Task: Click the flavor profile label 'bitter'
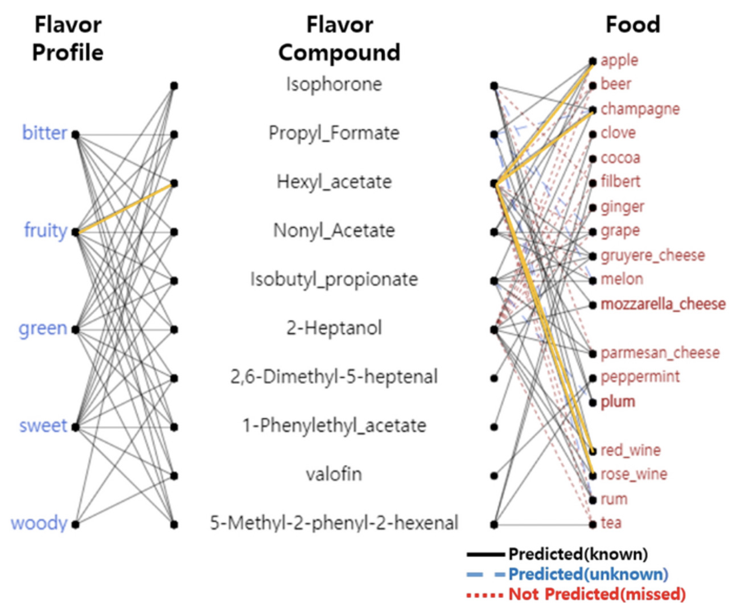44,133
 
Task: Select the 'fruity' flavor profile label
46,230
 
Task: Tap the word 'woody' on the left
39,523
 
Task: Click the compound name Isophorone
334,85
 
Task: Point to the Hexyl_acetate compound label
334,182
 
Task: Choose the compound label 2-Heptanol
334,328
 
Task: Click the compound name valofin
334,474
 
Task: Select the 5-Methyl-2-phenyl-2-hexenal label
334,523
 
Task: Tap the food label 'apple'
619,60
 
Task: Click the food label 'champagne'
640,109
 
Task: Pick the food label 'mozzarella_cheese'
663,304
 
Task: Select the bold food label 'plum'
618,402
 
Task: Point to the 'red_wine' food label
631,451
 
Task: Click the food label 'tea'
611,523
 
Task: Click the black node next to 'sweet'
75,427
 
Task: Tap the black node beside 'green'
75,329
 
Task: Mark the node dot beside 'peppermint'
593,378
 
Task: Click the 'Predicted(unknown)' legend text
588,574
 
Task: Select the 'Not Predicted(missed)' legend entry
597,594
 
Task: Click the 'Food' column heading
632,25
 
